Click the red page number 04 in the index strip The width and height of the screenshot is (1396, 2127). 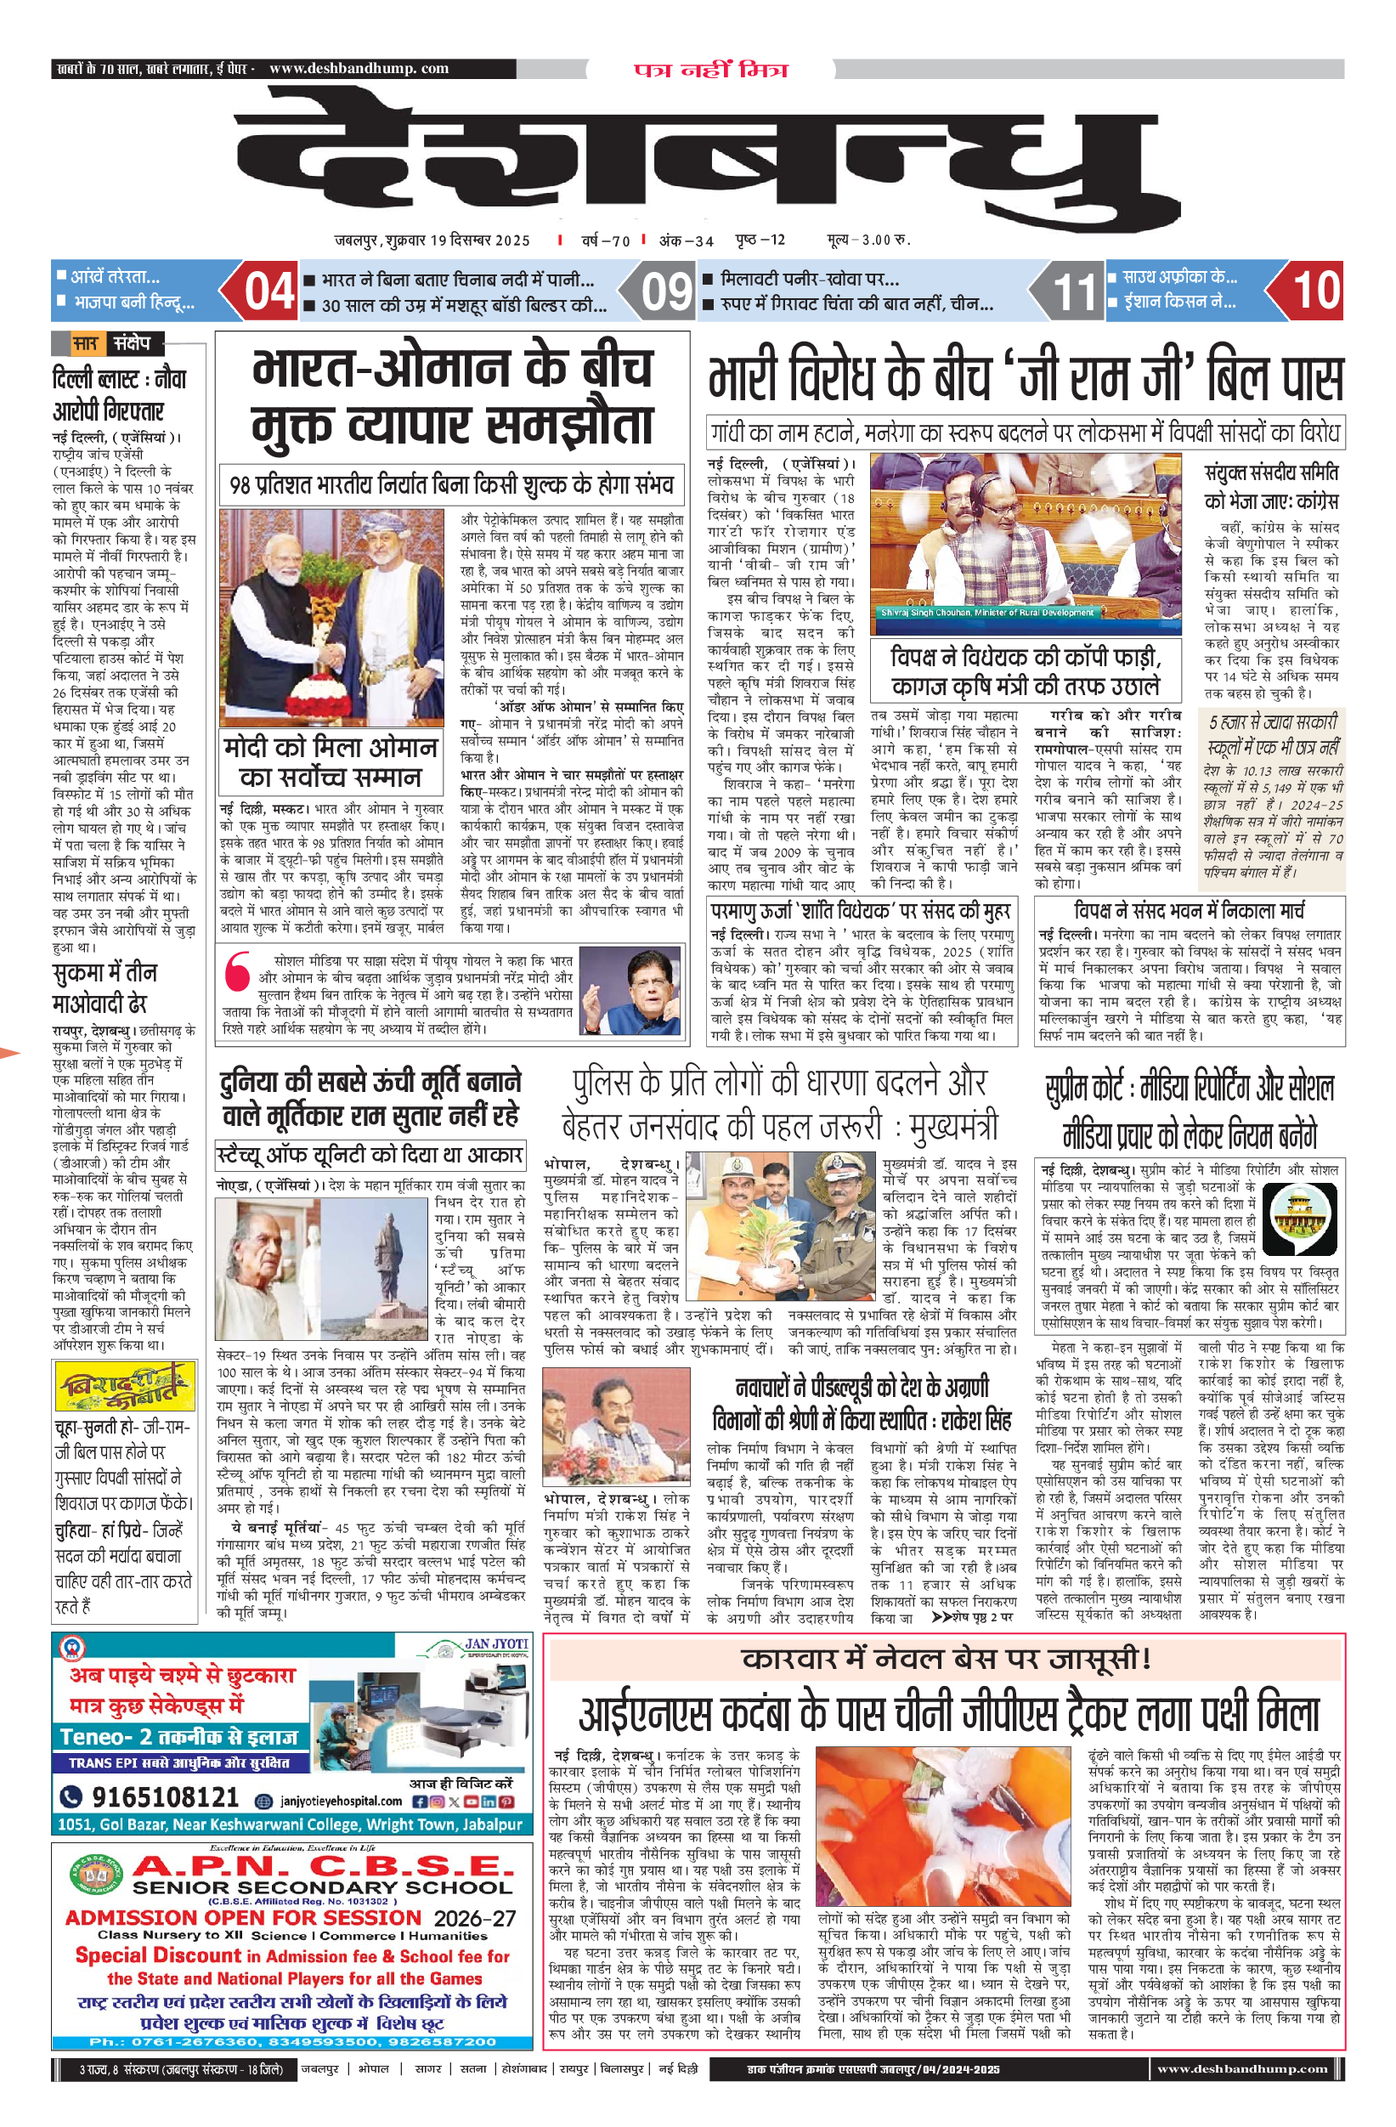tap(269, 291)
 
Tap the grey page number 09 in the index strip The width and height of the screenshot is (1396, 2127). tap(667, 291)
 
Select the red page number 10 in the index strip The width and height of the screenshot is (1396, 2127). tap(1314, 291)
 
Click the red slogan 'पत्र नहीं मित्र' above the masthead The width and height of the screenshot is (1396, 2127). tap(710, 70)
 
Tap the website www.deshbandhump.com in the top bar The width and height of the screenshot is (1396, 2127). tap(359, 68)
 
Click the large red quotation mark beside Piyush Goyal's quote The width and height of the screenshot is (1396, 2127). tap(237, 971)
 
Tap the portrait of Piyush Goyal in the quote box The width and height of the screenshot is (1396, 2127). tap(633, 993)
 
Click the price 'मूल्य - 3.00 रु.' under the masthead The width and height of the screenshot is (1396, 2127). tap(867, 240)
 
